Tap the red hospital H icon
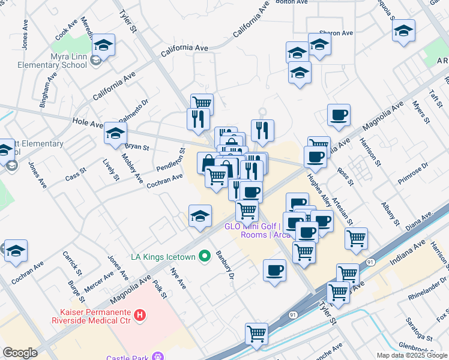[x=140, y=314]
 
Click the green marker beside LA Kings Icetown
[x=205, y=257]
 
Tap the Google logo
[x=20, y=353]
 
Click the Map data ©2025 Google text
[x=412, y=355]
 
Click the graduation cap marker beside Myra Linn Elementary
[x=104, y=45]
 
